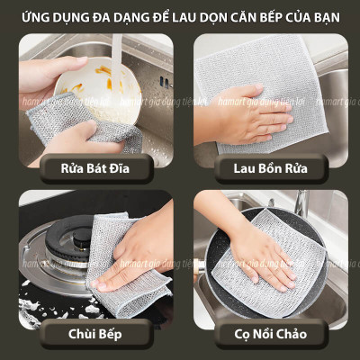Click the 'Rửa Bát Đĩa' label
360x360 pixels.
(x=95, y=167)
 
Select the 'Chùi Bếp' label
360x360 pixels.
(x=96, y=334)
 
